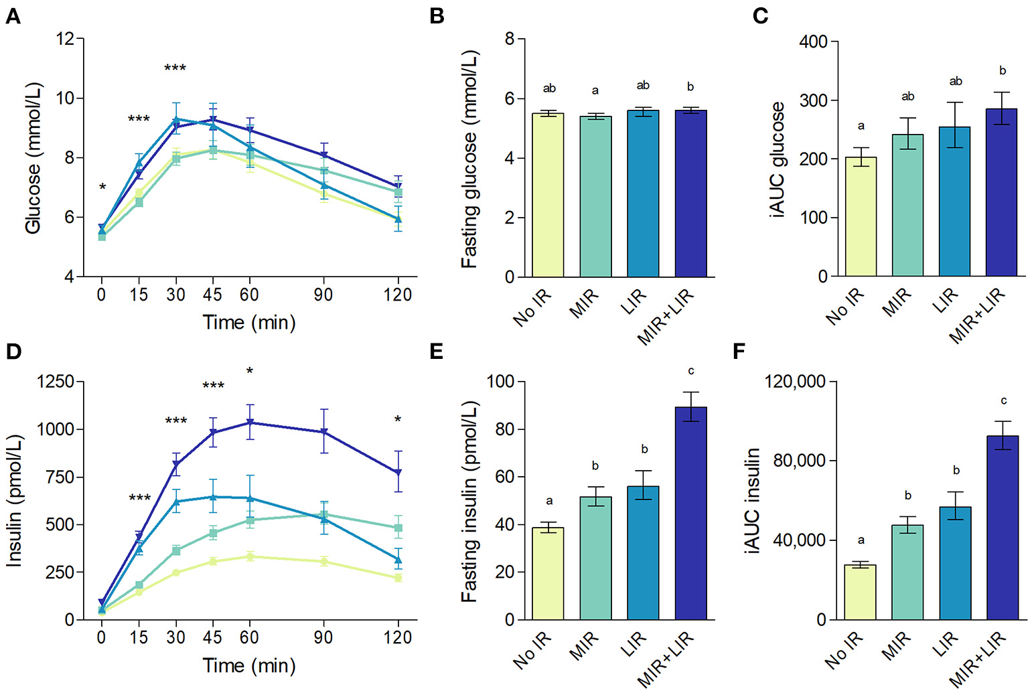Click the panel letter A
pyautogui.click(x=13, y=15)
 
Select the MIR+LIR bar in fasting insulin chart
pyautogui.click(x=690, y=513)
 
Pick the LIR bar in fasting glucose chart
pyautogui.click(x=643, y=194)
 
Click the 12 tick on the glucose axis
pyautogui.click(x=66, y=39)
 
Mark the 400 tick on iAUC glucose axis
pyautogui.click(x=813, y=42)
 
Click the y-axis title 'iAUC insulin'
pyautogui.click(x=752, y=501)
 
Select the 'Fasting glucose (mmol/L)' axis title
pyautogui.click(x=469, y=159)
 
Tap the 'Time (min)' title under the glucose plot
pyautogui.click(x=249, y=323)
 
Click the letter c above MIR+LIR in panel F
pyautogui.click(x=1003, y=400)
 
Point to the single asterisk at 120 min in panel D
pyautogui.click(x=398, y=420)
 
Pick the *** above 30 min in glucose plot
pyautogui.click(x=175, y=68)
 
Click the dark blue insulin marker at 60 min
pyautogui.click(x=250, y=423)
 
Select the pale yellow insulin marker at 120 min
pyautogui.click(x=398, y=578)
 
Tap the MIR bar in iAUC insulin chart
pyautogui.click(x=907, y=572)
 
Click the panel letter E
pyautogui.click(x=436, y=351)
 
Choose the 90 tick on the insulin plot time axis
pyautogui.click(x=323, y=637)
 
